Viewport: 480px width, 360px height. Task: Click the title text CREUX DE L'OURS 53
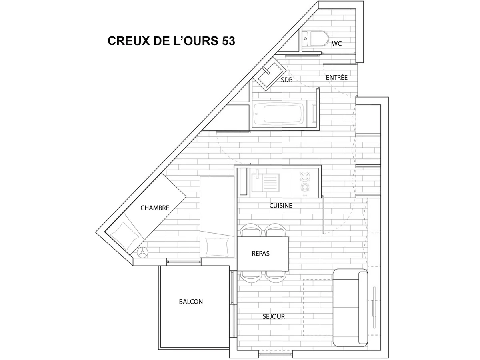[x=171, y=41]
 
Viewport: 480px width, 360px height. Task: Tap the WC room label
[x=337, y=43]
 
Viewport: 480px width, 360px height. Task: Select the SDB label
[x=286, y=80]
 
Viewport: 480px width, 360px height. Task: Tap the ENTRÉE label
[x=336, y=78]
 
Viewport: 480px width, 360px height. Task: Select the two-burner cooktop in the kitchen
[x=305, y=182]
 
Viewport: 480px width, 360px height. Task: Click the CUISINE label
[x=280, y=206]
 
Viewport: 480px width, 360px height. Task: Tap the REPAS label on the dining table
[x=260, y=254]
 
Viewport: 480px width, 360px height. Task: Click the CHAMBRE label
[x=155, y=208]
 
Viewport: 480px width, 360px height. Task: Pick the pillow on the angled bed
[x=125, y=234]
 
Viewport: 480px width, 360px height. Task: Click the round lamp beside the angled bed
[x=142, y=252]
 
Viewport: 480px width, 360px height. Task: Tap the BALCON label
[x=190, y=302]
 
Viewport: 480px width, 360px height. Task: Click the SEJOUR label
[x=274, y=316]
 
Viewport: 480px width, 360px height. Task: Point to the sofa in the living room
[x=350, y=307]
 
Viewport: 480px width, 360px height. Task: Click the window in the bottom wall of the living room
[x=276, y=354]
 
